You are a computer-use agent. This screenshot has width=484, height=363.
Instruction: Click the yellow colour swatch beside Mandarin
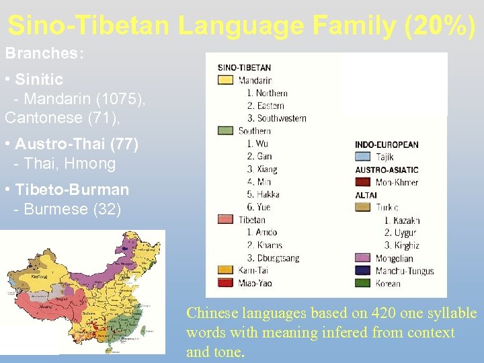pyautogui.click(x=226, y=80)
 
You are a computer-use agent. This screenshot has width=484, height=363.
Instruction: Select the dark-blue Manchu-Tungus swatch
pyautogui.click(x=363, y=271)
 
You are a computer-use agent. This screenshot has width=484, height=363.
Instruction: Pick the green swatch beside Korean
pyautogui.click(x=363, y=283)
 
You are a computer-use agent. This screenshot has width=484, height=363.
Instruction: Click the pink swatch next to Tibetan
pyautogui.click(x=226, y=220)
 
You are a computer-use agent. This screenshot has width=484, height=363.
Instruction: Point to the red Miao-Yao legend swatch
pyautogui.click(x=226, y=283)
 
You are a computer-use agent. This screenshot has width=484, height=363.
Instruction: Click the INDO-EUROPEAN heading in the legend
pyautogui.click(x=387, y=145)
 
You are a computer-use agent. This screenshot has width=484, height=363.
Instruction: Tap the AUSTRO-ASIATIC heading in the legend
pyautogui.click(x=387, y=169)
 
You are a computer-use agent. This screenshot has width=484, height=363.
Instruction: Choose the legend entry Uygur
pyautogui.click(x=406, y=233)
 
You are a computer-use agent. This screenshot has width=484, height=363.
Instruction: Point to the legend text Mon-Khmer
pyautogui.click(x=397, y=182)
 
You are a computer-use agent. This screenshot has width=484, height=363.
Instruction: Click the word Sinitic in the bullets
pyautogui.click(x=39, y=80)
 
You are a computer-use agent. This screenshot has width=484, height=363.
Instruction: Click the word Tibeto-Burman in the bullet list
pyautogui.click(x=72, y=190)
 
